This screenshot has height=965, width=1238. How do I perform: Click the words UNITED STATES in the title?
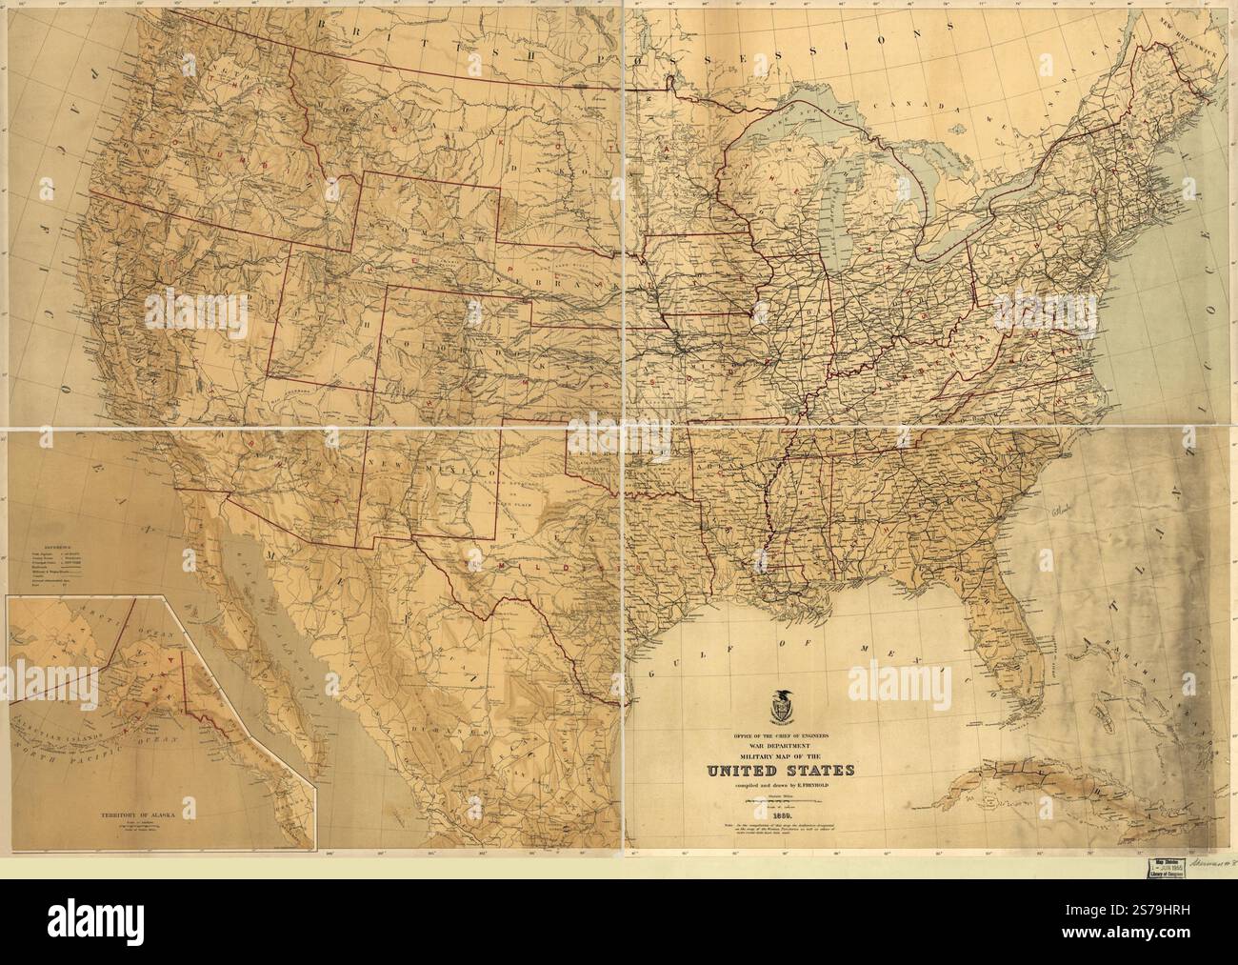(x=780, y=770)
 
